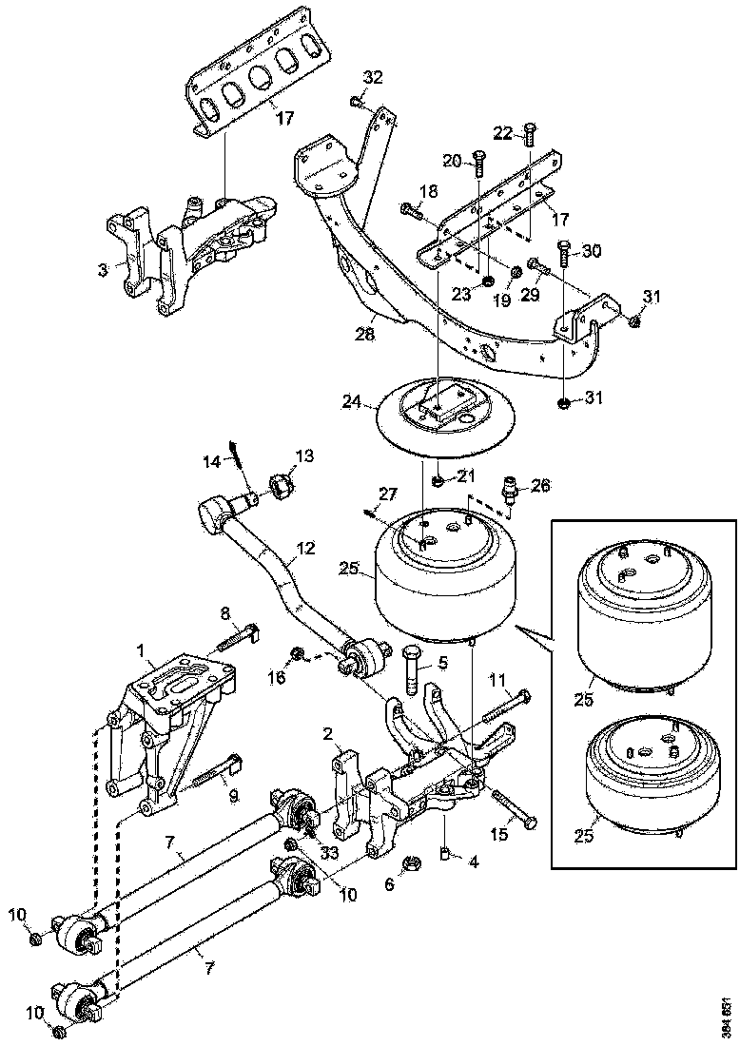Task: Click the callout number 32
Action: [373, 77]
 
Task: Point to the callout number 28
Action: [365, 334]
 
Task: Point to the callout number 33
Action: [328, 853]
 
